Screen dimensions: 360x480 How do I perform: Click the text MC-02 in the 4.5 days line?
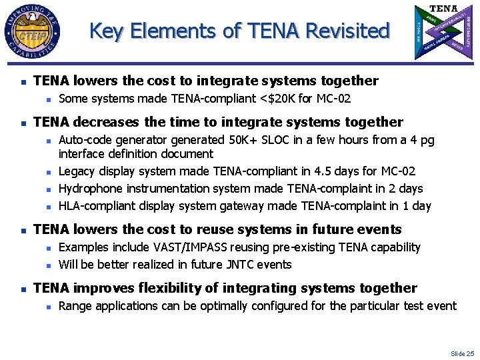[398, 171]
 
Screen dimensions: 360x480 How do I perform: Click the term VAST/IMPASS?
[187, 247]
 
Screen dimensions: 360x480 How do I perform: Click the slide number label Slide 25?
[462, 353]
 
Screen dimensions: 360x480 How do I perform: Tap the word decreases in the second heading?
[106, 122]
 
